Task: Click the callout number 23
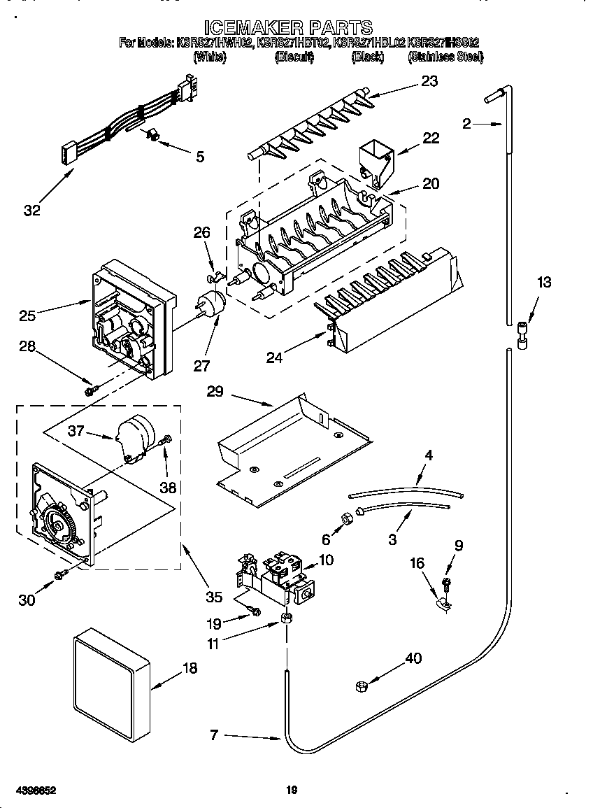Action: click(429, 81)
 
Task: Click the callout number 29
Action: click(215, 391)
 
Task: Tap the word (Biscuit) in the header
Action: click(294, 57)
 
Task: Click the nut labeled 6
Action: click(345, 520)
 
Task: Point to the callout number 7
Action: click(214, 735)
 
